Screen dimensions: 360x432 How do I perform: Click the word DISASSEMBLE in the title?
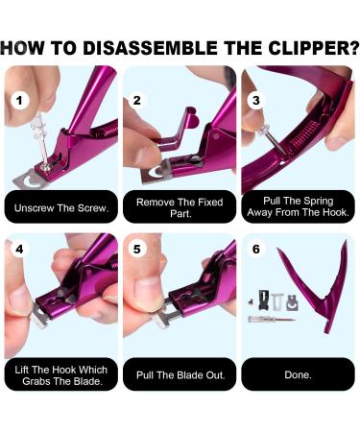pyautogui.click(x=151, y=48)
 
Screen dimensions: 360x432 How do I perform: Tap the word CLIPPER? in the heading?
pyautogui.click(x=314, y=48)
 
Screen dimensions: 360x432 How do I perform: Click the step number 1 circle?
pyautogui.click(x=20, y=101)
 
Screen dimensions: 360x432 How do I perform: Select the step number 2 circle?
pyautogui.click(x=137, y=100)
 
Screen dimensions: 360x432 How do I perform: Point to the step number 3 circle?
pyautogui.click(x=256, y=100)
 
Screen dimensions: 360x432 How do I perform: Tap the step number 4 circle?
pyautogui.click(x=20, y=249)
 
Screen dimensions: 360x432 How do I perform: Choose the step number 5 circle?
pyautogui.click(x=137, y=249)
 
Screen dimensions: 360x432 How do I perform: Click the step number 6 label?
pyautogui.click(x=256, y=249)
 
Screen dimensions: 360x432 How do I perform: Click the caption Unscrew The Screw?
pyautogui.click(x=61, y=208)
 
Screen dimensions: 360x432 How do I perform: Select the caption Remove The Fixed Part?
pyautogui.click(x=180, y=207)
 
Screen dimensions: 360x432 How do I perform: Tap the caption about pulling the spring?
pyautogui.click(x=299, y=206)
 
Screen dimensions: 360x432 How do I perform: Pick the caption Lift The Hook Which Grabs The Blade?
pyautogui.click(x=61, y=375)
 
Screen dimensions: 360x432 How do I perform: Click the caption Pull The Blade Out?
pyautogui.click(x=180, y=375)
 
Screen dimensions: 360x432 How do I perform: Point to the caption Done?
pyautogui.click(x=298, y=374)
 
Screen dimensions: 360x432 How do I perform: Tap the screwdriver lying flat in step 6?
pyautogui.click(x=272, y=319)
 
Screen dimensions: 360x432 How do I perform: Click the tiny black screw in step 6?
pyautogui.click(x=252, y=301)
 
